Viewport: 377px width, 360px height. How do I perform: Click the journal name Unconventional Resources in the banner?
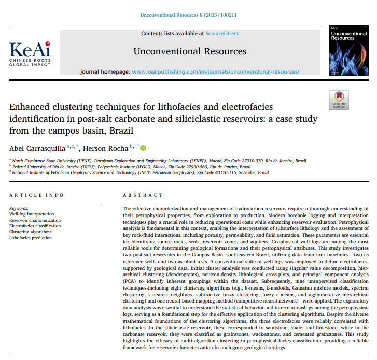point(190,51)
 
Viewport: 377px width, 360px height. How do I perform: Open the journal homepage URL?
point(216,71)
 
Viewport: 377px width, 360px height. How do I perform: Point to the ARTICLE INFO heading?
point(37,195)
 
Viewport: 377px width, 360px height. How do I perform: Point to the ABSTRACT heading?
point(143,195)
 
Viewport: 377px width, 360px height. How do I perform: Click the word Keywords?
point(19,208)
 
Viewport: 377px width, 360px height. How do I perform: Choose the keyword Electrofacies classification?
point(35,226)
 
